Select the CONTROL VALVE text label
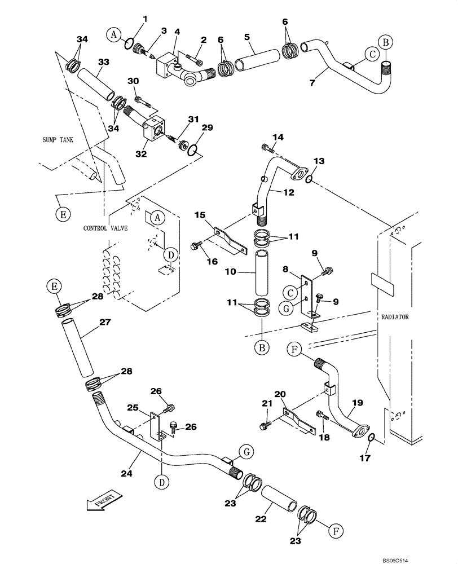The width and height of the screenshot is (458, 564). click(x=105, y=228)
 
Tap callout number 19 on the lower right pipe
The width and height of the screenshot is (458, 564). click(x=358, y=403)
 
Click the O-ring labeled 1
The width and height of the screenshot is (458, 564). click(x=129, y=43)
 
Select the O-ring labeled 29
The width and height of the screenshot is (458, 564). click(x=192, y=149)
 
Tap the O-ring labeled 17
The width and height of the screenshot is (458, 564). click(x=371, y=438)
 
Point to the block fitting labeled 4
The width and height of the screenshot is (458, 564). click(x=169, y=66)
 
